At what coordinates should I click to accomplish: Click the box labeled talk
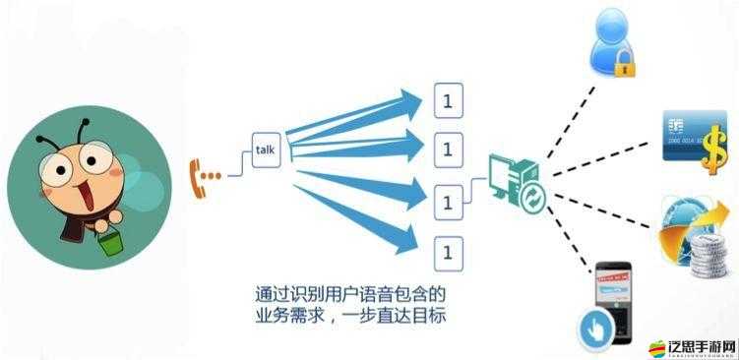point(266,150)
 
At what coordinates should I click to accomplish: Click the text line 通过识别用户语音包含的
point(352,294)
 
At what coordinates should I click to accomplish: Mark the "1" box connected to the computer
point(447,203)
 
